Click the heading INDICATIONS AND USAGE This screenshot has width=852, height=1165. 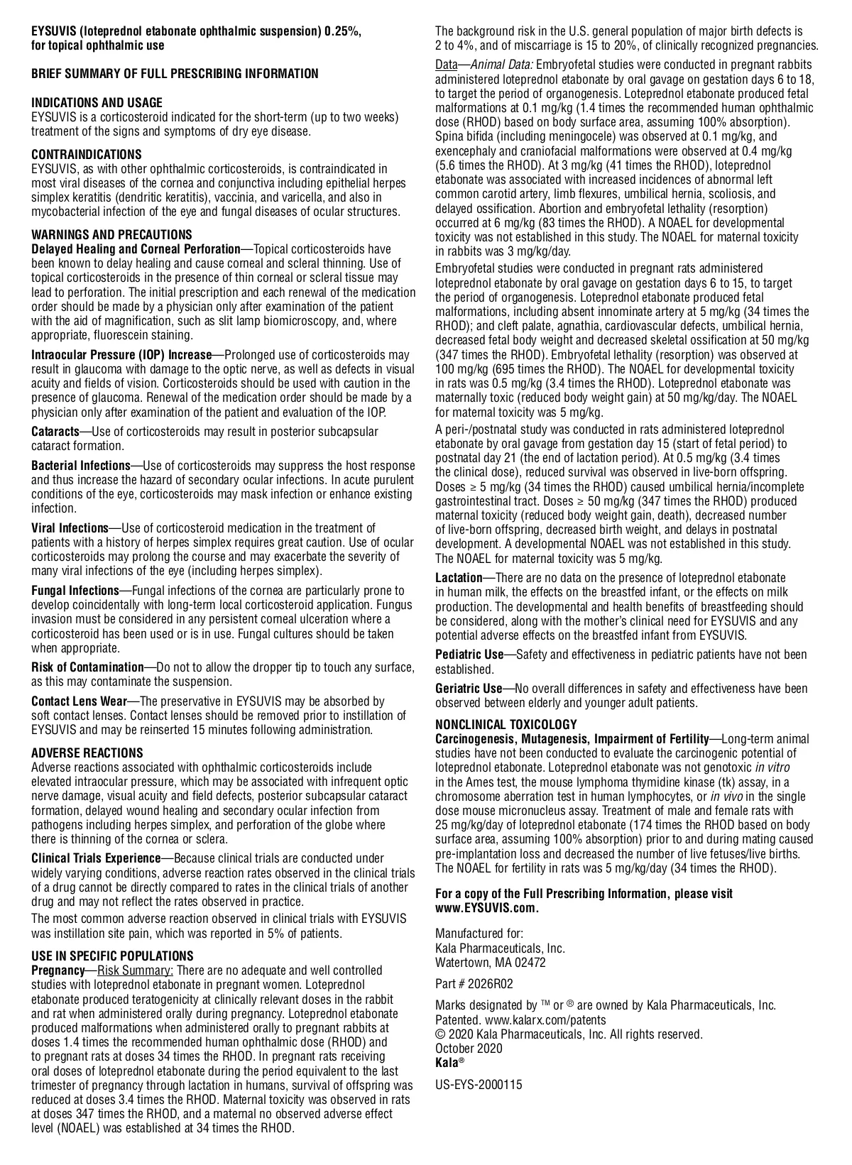pos(97,103)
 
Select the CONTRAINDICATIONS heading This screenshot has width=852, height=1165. pos(86,155)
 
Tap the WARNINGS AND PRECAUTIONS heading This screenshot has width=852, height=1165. pos(111,235)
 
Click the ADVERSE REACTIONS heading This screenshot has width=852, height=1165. pos(87,753)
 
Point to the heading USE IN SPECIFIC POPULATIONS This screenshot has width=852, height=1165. pos(112,956)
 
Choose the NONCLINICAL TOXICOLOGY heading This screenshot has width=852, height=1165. pos(506,725)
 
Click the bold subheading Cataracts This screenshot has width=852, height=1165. pos(55,432)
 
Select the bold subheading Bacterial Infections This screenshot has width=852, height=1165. pos(80,466)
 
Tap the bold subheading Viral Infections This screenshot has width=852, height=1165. pos(69,528)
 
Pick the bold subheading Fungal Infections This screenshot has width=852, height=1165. pos(75,591)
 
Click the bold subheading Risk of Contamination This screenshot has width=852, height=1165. pos(87,667)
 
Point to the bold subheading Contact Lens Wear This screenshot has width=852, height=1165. pos(79,701)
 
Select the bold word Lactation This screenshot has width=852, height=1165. pos(459,578)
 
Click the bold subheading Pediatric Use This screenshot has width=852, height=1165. pos(469,655)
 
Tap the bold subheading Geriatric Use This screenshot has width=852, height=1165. pos(469,689)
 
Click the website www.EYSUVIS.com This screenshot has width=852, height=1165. pos(487,908)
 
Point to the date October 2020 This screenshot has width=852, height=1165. pos(469,1049)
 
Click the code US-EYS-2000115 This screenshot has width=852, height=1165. pos(479,1085)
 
